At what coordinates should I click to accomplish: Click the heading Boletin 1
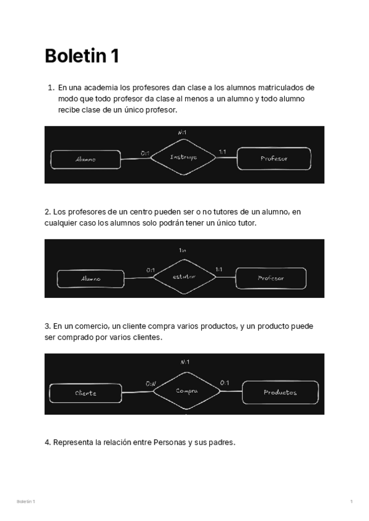pyautogui.click(x=82, y=57)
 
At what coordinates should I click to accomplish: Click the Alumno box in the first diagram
pyautogui.click(x=85, y=159)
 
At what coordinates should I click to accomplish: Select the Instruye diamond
pyautogui.click(x=184, y=157)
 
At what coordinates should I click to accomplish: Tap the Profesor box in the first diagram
pyautogui.click(x=274, y=159)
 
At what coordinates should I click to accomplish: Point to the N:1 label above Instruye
pyautogui.click(x=182, y=132)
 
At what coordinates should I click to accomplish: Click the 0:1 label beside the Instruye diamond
pyautogui.click(x=145, y=152)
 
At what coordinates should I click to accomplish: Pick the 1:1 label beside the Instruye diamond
pyautogui.click(x=222, y=152)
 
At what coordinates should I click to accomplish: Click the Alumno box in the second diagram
pyautogui.click(x=90, y=278)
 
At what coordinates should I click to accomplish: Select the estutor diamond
pyautogui.click(x=184, y=276)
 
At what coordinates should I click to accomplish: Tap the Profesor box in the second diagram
pyautogui.click(x=271, y=278)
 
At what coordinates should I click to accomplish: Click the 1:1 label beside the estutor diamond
pyautogui.click(x=218, y=269)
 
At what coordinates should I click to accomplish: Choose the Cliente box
pyautogui.click(x=85, y=393)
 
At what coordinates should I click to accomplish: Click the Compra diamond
pyautogui.click(x=186, y=391)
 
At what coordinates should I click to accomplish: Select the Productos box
pyautogui.click(x=280, y=392)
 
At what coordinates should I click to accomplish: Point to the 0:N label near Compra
pyautogui.click(x=151, y=383)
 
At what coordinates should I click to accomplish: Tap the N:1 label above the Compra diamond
pyautogui.click(x=184, y=362)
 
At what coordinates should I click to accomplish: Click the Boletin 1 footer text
pyautogui.click(x=26, y=502)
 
